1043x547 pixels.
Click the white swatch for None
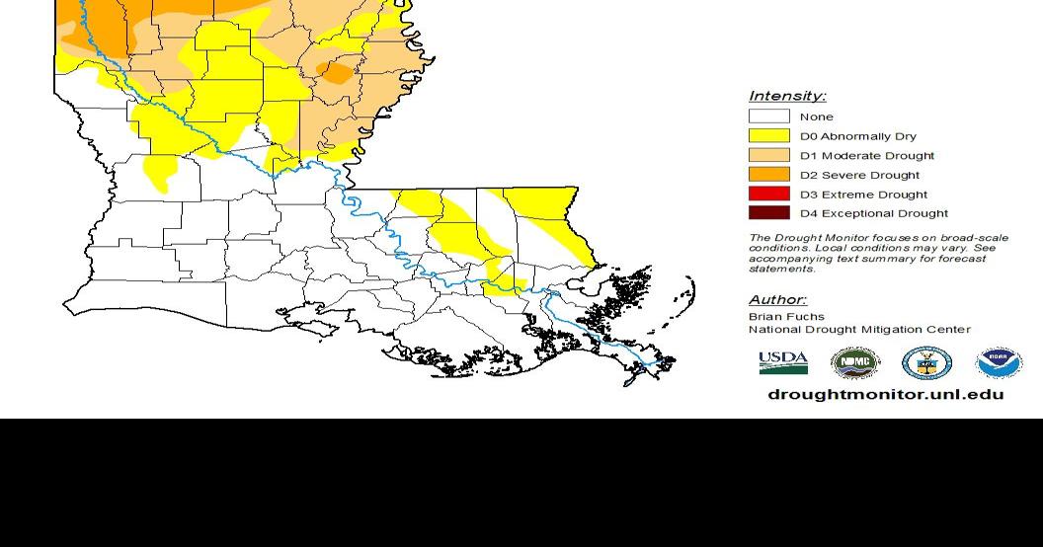768,117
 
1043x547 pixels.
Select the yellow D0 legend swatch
768,136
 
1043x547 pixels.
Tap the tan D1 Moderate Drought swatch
768,155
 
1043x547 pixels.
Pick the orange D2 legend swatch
768,175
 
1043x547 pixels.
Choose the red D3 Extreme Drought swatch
768,194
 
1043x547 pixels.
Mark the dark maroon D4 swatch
768,213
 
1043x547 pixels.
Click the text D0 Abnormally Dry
857,136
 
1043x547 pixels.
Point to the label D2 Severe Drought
859,175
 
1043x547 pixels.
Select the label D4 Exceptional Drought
873,213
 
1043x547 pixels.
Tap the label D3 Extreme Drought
863,195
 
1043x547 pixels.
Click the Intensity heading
787,96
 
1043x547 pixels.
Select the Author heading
777,300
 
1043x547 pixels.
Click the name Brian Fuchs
786,316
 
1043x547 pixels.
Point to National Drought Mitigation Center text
859,330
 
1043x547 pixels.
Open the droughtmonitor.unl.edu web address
885,394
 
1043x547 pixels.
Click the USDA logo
783,363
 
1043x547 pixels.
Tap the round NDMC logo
854,363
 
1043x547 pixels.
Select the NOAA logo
999,363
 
